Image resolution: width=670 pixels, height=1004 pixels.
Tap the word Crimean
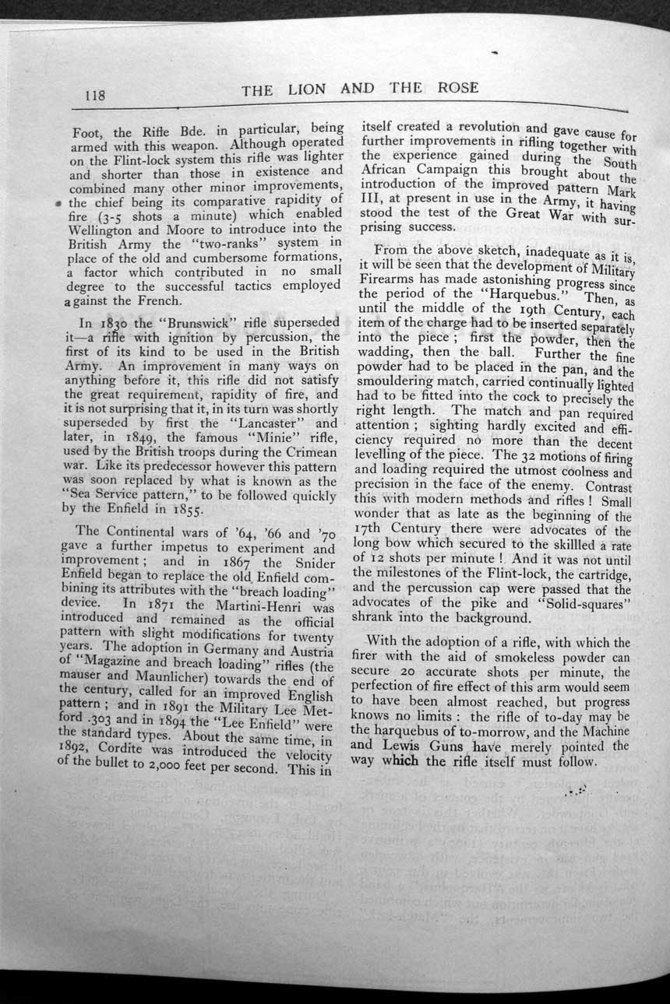pos(311,453)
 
